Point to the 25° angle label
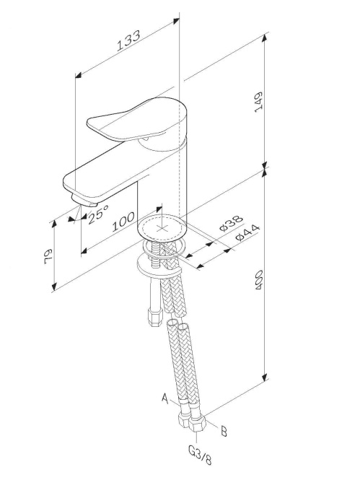[97, 214]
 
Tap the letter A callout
[164, 398]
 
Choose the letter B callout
[224, 432]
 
